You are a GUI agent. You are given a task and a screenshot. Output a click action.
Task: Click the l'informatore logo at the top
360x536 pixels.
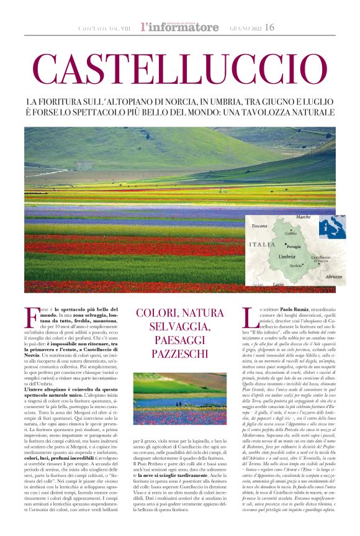coord(179,27)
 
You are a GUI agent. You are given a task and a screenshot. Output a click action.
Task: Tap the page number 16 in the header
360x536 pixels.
coord(269,27)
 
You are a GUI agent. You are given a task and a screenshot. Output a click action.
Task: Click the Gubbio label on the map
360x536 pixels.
coord(290,233)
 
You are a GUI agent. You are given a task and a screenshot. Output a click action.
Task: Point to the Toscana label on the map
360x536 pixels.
coord(259,226)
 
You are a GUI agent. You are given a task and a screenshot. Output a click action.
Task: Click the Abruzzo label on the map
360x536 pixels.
coord(334,276)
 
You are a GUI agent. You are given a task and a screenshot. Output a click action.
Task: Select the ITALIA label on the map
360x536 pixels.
coord(261,245)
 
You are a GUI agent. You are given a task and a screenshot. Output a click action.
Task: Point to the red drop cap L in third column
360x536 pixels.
coord(248,317)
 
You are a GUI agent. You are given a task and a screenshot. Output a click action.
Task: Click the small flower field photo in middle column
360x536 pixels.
coord(179,399)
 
